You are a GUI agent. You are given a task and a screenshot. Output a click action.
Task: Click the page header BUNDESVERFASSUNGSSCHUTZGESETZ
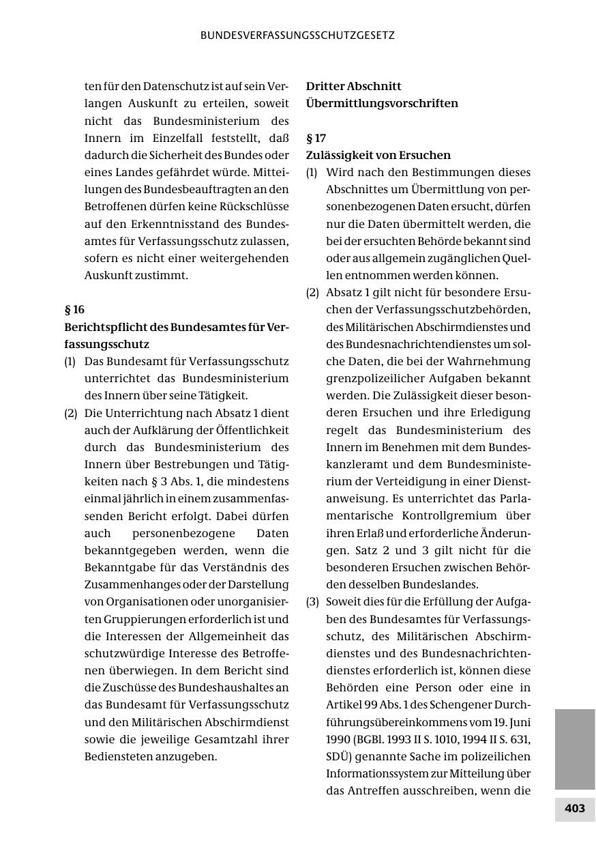pyautogui.click(x=297, y=35)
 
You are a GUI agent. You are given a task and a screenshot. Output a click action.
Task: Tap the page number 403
pyautogui.click(x=575, y=808)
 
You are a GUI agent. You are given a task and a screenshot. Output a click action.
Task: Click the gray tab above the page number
pyautogui.click(x=575, y=749)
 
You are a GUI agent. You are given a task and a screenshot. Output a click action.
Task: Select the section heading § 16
pyautogui.click(x=74, y=309)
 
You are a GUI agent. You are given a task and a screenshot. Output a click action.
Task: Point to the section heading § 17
pyautogui.click(x=316, y=138)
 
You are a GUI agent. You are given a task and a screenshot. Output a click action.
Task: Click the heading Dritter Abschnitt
pyautogui.click(x=353, y=87)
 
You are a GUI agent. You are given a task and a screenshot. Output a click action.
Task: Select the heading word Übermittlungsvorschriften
pyautogui.click(x=382, y=104)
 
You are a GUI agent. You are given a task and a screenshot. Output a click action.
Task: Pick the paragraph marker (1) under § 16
pyautogui.click(x=71, y=361)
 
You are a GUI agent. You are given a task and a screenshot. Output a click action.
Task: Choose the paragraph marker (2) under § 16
pyautogui.click(x=71, y=413)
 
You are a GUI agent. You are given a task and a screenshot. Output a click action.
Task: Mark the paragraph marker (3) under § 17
pyautogui.click(x=312, y=602)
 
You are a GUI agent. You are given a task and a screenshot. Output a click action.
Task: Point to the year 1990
pyautogui.click(x=339, y=739)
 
